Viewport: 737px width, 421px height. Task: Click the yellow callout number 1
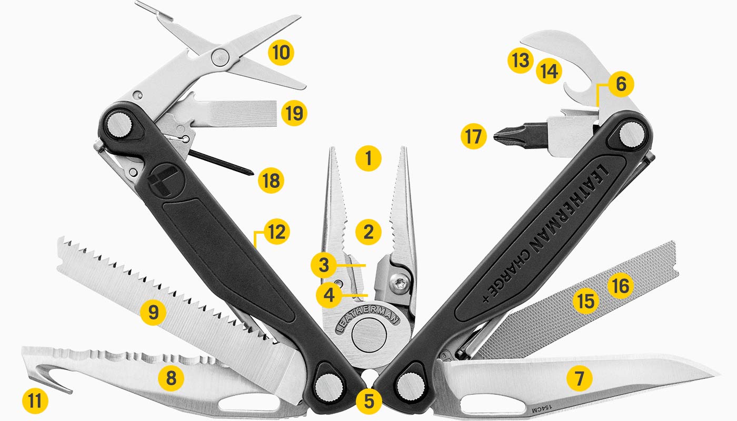(368, 158)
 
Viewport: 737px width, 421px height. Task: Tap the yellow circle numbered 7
(580, 378)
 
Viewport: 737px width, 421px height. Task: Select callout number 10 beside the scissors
(281, 53)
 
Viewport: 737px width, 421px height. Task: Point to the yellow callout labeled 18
(271, 181)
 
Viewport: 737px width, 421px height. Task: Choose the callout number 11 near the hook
(35, 402)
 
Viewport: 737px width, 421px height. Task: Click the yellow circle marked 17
(473, 137)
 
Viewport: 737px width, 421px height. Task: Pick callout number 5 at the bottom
(368, 402)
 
